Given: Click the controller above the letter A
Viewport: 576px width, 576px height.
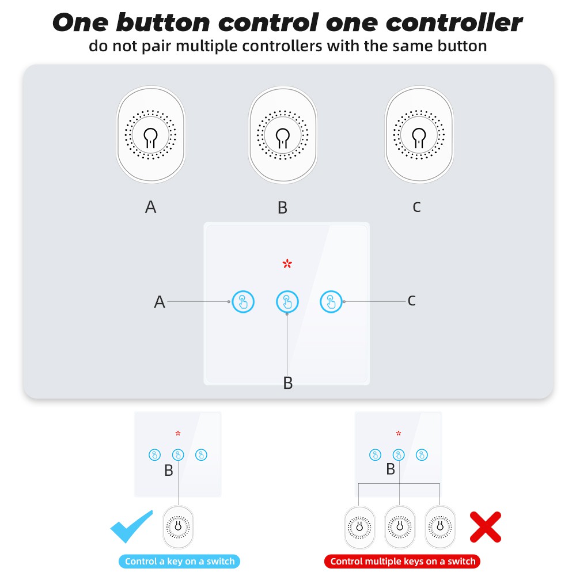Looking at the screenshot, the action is coord(150,134).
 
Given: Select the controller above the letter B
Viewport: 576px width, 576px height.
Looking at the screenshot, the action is coord(283,134).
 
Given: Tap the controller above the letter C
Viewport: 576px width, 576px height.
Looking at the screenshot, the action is coord(419,134).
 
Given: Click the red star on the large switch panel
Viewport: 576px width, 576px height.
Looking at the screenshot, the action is coord(287,263).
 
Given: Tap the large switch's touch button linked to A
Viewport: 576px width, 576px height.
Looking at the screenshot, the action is coord(243,302).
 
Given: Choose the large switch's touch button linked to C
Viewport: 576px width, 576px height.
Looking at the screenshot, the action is coord(331,302).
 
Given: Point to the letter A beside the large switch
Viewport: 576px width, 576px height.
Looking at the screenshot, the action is coord(160,302).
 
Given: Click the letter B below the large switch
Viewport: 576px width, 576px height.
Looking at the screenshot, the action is coord(288,383).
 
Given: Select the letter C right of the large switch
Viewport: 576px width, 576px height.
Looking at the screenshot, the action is coord(412,301).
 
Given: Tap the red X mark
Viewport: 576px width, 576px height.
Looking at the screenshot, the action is coord(486,527).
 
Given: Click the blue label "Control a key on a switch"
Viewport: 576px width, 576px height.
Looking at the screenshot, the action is coord(179,561).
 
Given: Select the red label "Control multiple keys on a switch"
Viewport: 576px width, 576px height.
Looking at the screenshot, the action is coord(403,561).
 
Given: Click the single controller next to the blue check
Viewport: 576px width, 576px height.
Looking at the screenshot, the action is coord(178,527).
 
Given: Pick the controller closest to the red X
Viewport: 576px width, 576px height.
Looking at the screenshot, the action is coord(440,527).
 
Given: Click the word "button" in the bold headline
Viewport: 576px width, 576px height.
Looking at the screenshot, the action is coord(163,23).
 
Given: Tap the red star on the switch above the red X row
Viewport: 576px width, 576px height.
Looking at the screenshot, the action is coord(399,434).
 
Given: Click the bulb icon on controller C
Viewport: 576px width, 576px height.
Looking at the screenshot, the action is coord(419,138).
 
